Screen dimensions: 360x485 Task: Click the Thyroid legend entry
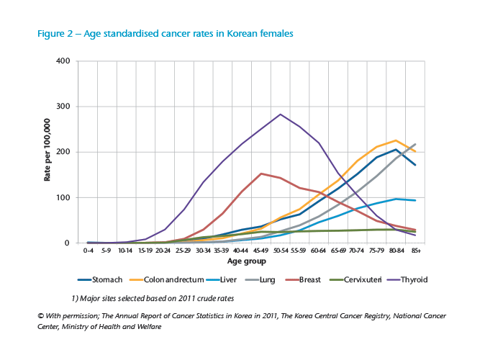[x=412, y=279]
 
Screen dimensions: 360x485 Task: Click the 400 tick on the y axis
[x=62, y=61]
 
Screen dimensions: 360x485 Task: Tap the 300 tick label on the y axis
[x=62, y=107]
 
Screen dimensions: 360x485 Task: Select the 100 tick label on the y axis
[x=62, y=197]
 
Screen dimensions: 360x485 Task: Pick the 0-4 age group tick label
[x=88, y=251]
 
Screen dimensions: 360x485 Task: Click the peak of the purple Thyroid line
[x=280, y=114]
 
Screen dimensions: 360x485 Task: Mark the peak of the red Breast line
[x=261, y=174]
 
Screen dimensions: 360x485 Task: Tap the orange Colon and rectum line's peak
[x=396, y=140]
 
